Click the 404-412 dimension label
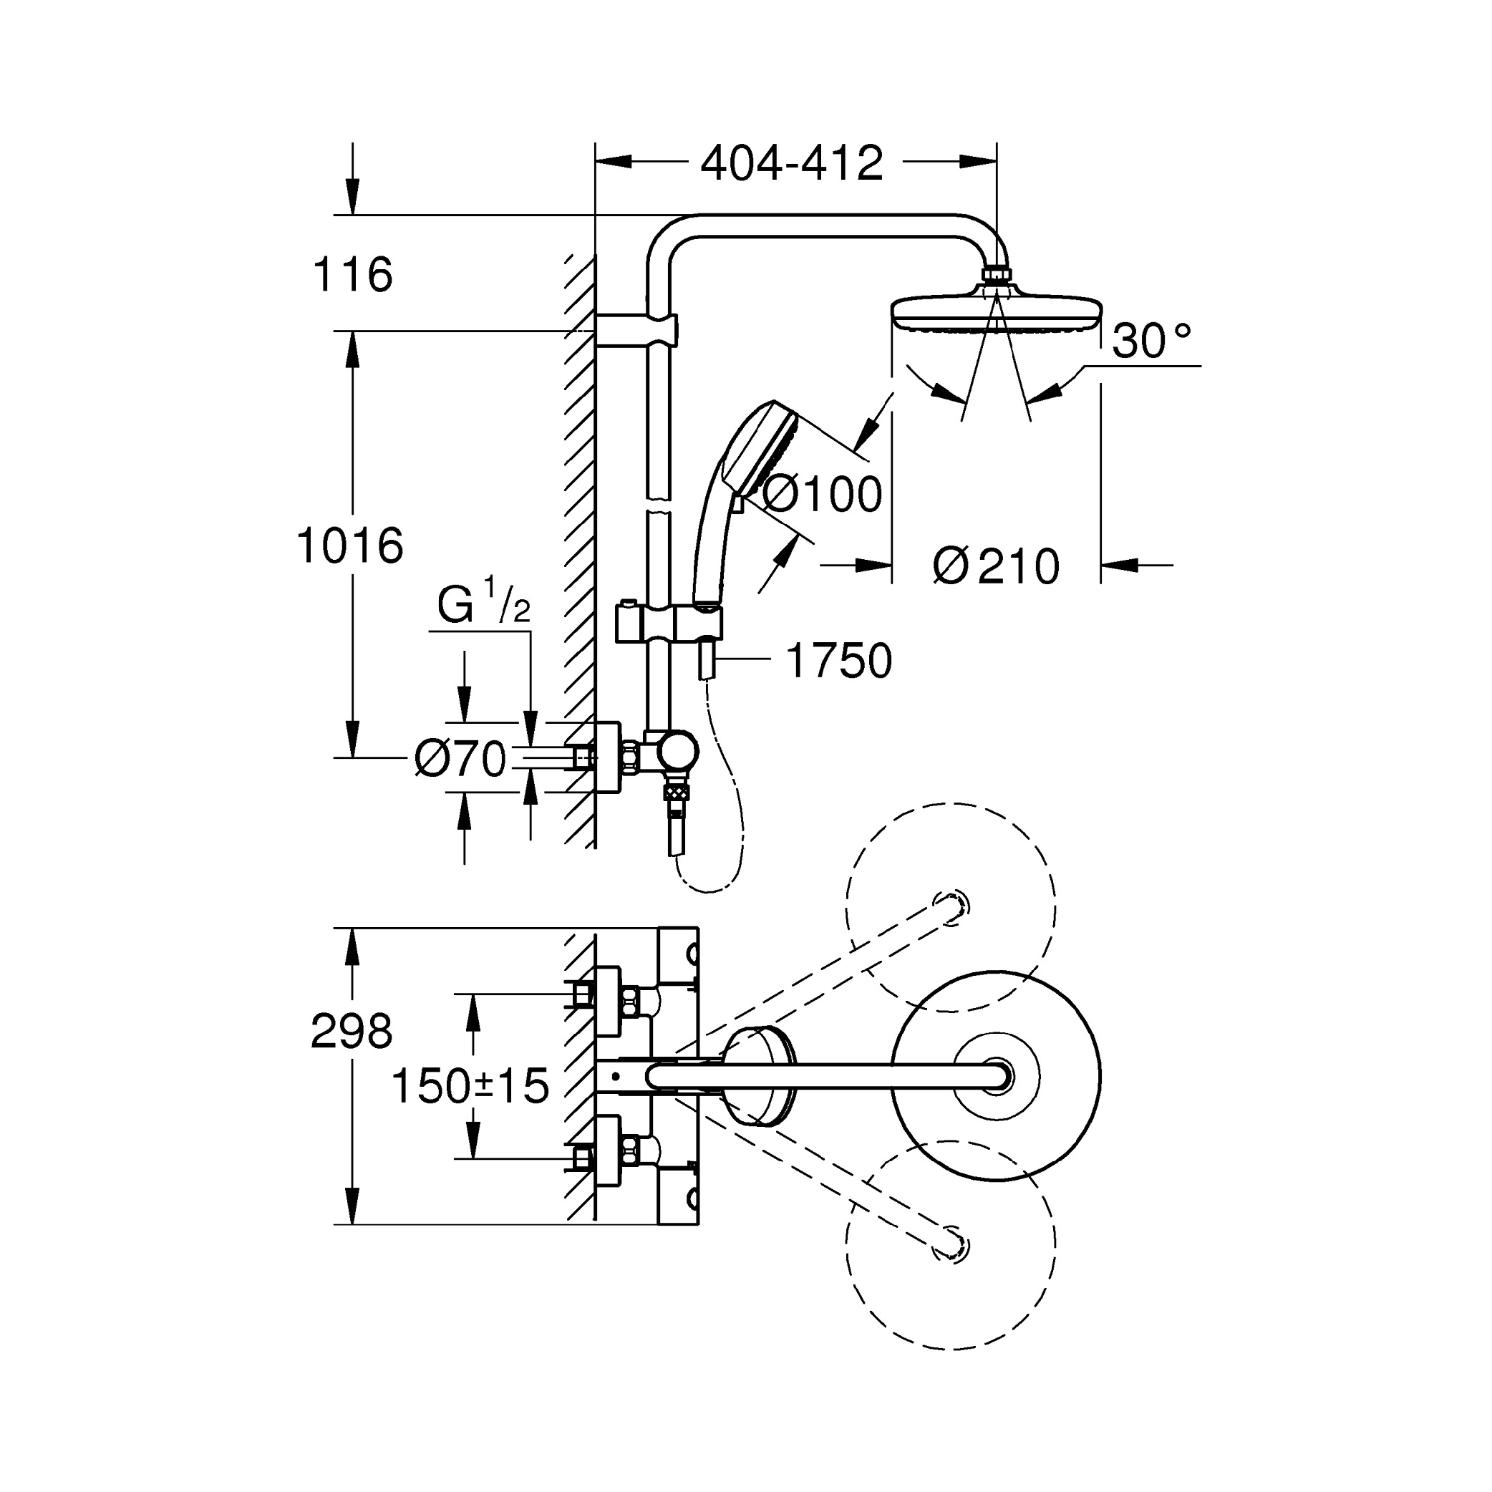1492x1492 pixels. (x=792, y=164)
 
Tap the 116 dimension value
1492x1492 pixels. (x=353, y=275)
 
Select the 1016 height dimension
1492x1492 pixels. (x=350, y=546)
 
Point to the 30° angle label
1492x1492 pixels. (x=1151, y=341)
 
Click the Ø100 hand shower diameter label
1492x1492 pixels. (x=822, y=493)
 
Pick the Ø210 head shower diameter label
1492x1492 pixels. (x=996, y=566)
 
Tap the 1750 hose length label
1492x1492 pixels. (x=838, y=661)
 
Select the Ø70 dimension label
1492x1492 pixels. (x=460, y=759)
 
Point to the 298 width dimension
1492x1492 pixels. (x=352, y=1031)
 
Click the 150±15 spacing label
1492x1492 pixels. (x=470, y=1086)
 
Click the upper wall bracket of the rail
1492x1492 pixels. (x=636, y=328)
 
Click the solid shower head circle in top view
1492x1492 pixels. (x=996, y=1076)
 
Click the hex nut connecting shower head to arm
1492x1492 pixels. (x=996, y=275)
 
